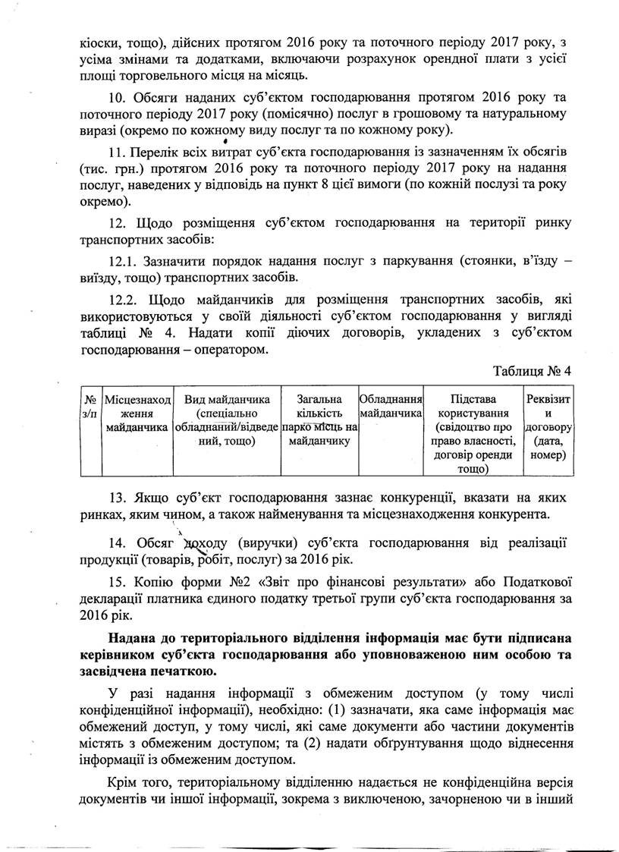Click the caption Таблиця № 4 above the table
tap(531, 371)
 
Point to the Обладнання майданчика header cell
tap(391, 407)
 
